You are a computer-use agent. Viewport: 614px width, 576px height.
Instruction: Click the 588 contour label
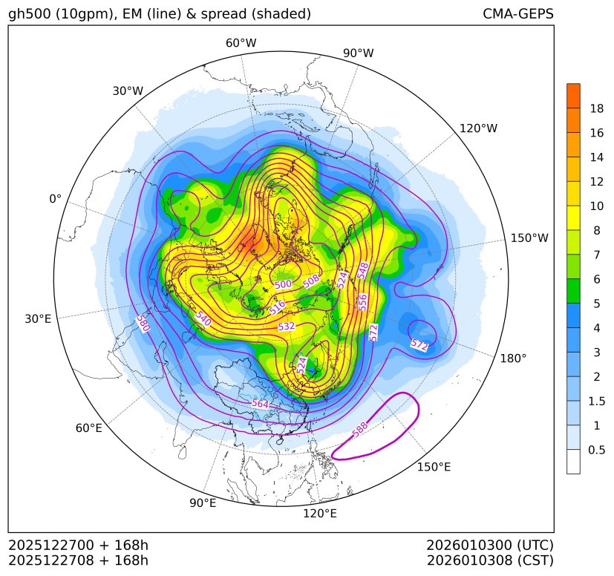359,429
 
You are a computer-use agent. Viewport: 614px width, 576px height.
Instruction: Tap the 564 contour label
260,403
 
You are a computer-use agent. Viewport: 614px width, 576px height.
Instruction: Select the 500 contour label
283,284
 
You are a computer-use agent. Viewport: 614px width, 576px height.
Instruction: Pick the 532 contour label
287,327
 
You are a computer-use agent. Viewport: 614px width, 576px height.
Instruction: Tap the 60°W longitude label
241,43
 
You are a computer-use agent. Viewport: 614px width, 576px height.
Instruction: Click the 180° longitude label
513,358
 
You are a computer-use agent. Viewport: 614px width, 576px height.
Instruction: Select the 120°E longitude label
320,513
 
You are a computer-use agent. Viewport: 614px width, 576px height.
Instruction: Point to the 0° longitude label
55,199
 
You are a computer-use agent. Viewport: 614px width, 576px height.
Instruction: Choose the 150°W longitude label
529,238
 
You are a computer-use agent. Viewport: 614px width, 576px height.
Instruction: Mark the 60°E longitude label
88,428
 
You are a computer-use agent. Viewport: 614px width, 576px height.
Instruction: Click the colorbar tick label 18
596,109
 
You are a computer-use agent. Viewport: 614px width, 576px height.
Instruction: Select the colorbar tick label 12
596,182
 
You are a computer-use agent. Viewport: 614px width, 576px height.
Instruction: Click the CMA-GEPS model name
517,14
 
